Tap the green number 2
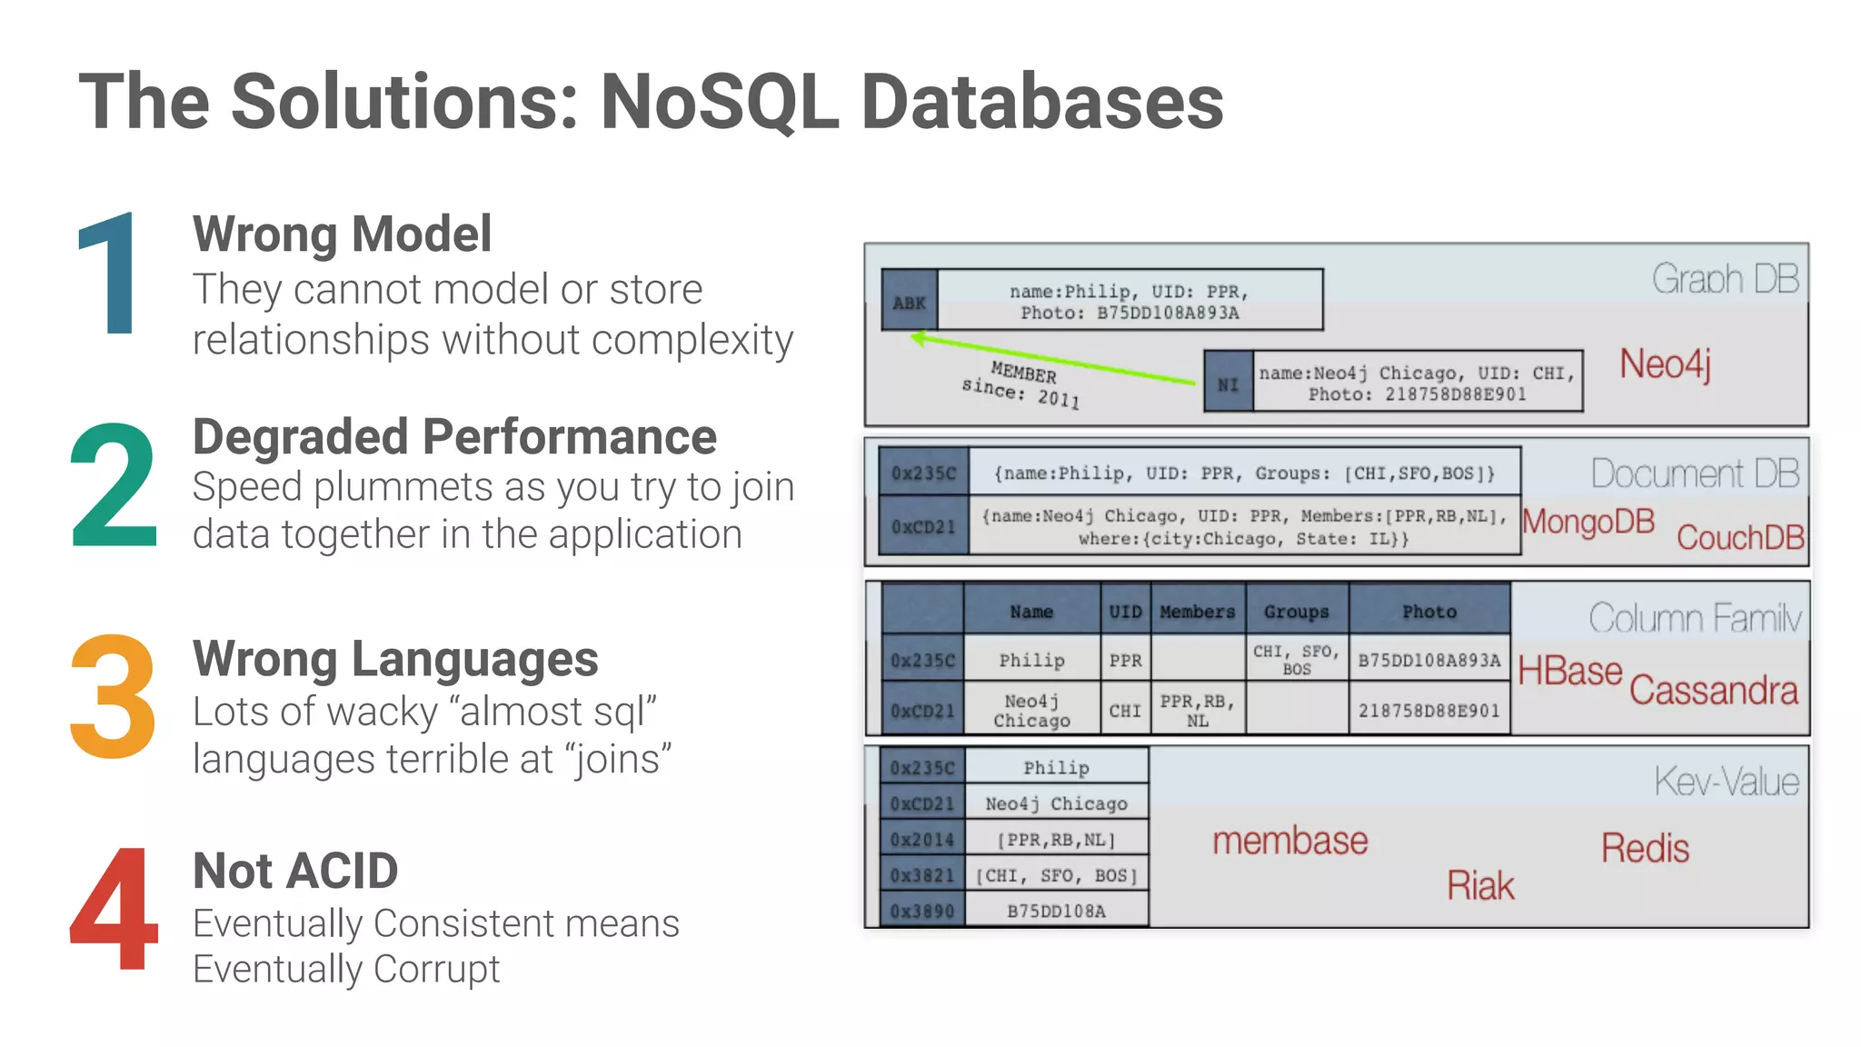(x=113, y=485)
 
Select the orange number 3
(x=113, y=696)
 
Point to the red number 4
(x=114, y=909)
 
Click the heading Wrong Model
(x=342, y=234)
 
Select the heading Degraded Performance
(x=454, y=436)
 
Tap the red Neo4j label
(x=1665, y=364)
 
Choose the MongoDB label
(x=1588, y=522)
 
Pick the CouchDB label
(x=1739, y=537)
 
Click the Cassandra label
(x=1713, y=690)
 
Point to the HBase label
(x=1569, y=671)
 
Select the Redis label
(x=1645, y=848)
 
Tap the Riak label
(x=1480, y=885)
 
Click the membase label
(x=1289, y=841)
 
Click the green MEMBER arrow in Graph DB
(x=1054, y=360)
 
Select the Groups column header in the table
(x=1296, y=612)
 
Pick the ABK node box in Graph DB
(x=909, y=302)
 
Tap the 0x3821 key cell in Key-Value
(x=921, y=875)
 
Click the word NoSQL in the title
(x=720, y=102)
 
